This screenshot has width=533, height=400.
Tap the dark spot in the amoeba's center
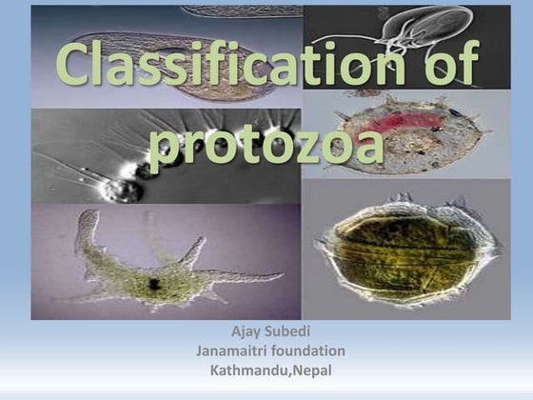click(152, 284)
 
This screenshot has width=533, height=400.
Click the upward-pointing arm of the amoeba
click(88, 229)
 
